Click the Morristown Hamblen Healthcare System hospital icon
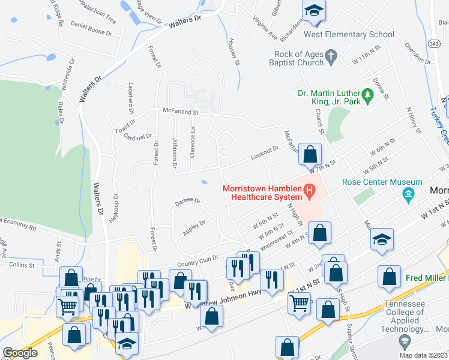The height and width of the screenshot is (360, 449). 310,193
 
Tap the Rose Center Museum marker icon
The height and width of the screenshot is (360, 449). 409,194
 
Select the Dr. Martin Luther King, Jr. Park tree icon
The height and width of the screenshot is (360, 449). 367,94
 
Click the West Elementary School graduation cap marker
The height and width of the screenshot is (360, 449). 313,12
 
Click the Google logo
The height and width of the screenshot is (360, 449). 20,353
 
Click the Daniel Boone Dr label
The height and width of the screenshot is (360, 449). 92,28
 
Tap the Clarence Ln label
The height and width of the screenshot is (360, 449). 193,142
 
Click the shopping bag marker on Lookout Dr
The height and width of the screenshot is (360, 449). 309,154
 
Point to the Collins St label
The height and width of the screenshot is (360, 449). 23,263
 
